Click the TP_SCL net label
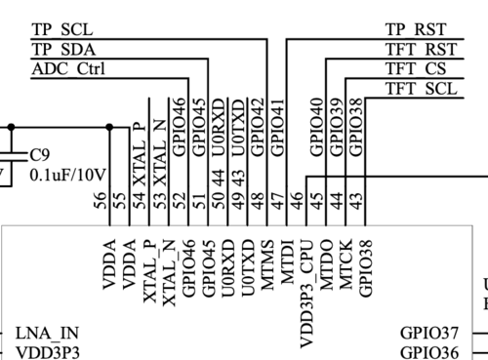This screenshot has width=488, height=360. click(62, 29)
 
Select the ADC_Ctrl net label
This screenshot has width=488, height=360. click(68, 69)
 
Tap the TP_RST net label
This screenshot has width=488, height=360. click(416, 29)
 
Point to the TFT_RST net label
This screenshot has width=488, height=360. click(421, 50)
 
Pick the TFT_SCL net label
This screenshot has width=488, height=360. click(421, 89)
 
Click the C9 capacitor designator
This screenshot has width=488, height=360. click(40, 155)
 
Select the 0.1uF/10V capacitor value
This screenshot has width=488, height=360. click(67, 175)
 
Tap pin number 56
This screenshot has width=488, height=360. click(100, 200)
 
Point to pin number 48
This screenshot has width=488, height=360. click(257, 200)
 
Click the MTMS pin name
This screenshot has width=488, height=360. click(267, 264)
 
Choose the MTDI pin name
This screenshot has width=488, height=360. click(287, 261)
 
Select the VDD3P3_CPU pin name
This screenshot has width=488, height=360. click(306, 294)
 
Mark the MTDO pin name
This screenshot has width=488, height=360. click(326, 264)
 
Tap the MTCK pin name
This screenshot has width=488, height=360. click(346, 264)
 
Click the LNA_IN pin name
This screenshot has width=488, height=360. click(47, 334)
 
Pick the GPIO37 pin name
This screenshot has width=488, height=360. click(429, 333)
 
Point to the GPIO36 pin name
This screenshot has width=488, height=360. click(429, 353)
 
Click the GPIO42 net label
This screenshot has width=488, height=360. click(257, 127)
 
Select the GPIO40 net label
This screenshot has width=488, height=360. click(316, 127)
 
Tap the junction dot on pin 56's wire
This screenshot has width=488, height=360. click(109, 127)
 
